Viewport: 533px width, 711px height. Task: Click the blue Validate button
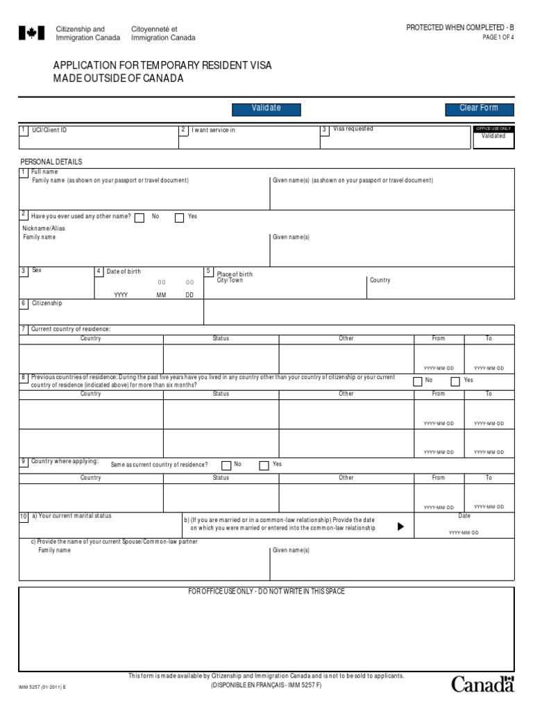pyautogui.click(x=266, y=108)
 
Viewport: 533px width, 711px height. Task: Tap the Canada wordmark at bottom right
pyautogui.click(x=483, y=685)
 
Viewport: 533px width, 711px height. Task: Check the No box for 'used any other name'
pyautogui.click(x=139, y=217)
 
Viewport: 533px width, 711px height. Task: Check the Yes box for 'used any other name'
pyautogui.click(x=179, y=217)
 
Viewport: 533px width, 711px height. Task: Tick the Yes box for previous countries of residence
pyautogui.click(x=455, y=381)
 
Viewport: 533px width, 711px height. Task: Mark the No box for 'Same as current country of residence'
pyautogui.click(x=226, y=465)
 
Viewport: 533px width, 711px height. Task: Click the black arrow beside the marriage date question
pyautogui.click(x=400, y=526)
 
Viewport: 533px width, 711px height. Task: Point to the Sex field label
pyautogui.click(x=37, y=270)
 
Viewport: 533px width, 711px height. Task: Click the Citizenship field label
pyautogui.click(x=46, y=303)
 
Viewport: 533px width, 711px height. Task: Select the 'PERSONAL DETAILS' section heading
pyautogui.click(x=51, y=162)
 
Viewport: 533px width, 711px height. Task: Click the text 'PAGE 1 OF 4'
pyautogui.click(x=498, y=37)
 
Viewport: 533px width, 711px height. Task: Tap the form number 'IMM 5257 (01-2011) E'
pyautogui.click(x=42, y=687)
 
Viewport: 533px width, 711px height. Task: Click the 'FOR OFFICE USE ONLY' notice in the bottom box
pyautogui.click(x=266, y=592)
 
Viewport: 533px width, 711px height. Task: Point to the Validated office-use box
pyautogui.click(x=493, y=136)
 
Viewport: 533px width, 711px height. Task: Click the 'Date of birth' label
pyautogui.click(x=124, y=271)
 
